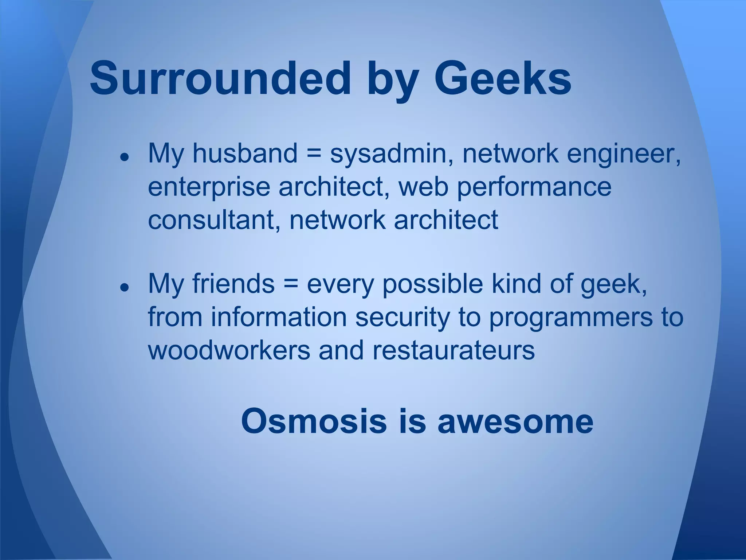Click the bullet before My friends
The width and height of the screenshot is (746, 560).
(125, 287)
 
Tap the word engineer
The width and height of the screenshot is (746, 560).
(623, 154)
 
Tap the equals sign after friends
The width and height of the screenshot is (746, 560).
(290, 284)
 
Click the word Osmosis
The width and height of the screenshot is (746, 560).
(314, 421)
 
